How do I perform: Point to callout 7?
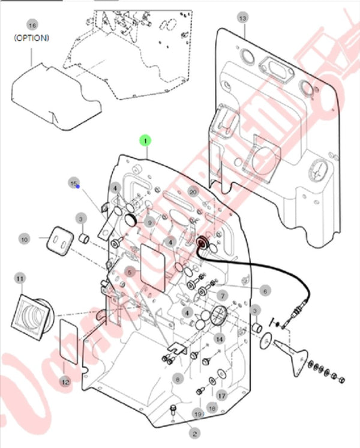click(x=222, y=295)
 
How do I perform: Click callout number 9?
click(x=151, y=223)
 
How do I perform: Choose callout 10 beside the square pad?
click(x=25, y=239)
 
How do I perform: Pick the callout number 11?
click(x=20, y=278)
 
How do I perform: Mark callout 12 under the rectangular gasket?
click(x=65, y=381)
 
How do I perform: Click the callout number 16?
click(x=32, y=25)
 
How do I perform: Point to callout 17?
click(x=221, y=395)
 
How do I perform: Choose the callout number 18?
click(x=211, y=407)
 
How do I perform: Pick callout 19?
click(x=198, y=414)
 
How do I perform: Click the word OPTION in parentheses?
click(x=32, y=37)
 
